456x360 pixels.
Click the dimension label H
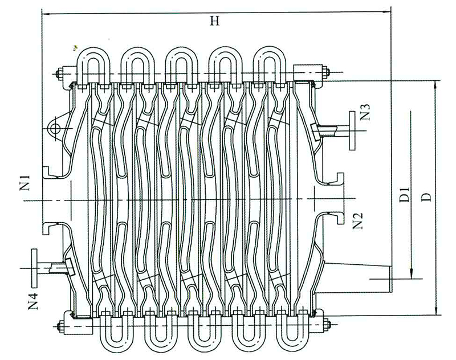click(x=214, y=22)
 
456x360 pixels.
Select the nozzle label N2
click(x=359, y=220)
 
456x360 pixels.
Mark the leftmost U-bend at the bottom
click(x=113, y=339)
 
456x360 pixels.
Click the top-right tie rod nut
click(x=327, y=72)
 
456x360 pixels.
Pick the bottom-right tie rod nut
click(x=327, y=326)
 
